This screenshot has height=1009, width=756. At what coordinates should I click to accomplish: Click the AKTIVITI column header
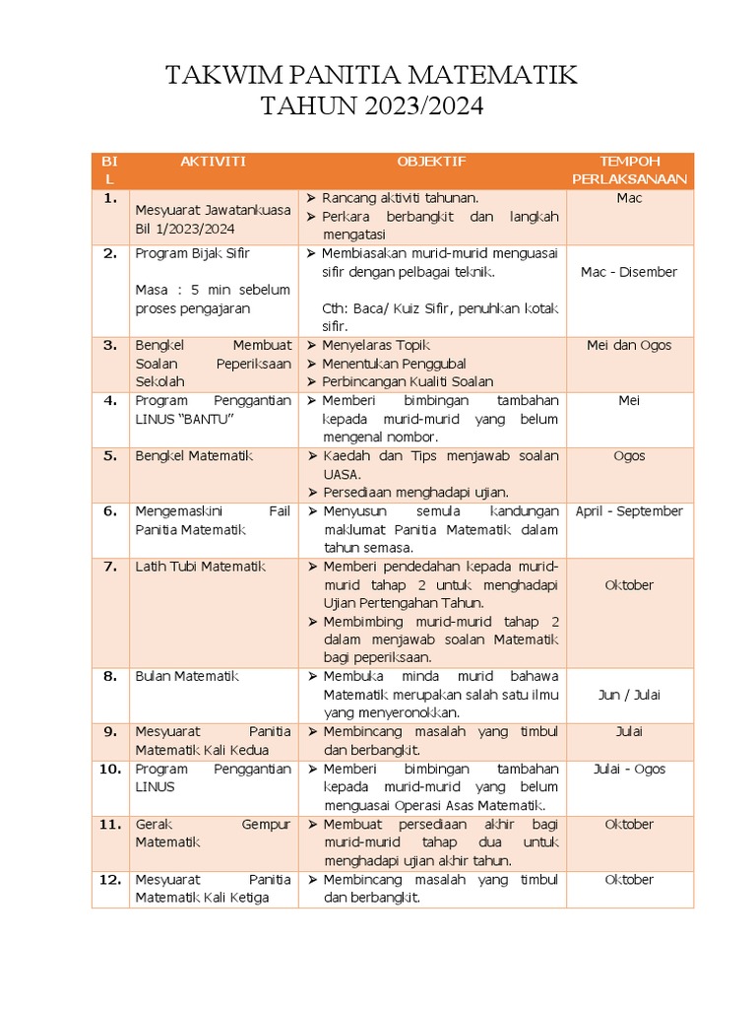(214, 162)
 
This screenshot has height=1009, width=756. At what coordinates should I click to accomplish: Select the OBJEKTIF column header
(431, 162)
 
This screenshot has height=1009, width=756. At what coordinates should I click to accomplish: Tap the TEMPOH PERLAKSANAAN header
(630, 170)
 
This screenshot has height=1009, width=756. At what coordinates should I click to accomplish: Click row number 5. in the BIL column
(110, 456)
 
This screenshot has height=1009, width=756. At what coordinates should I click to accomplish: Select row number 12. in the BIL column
(110, 880)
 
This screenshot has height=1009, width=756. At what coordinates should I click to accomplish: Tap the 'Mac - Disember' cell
(630, 272)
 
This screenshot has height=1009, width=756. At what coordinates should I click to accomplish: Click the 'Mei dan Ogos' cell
(630, 345)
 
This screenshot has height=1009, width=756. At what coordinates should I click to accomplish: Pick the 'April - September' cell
(630, 511)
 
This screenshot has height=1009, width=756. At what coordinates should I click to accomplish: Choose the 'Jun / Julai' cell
(630, 695)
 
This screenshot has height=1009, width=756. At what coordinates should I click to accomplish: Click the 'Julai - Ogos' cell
(630, 769)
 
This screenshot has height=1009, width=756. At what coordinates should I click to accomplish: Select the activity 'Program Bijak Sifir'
(193, 253)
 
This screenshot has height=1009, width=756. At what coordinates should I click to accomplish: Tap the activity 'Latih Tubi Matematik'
(201, 567)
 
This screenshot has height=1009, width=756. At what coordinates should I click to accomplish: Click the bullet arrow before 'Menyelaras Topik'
(311, 345)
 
